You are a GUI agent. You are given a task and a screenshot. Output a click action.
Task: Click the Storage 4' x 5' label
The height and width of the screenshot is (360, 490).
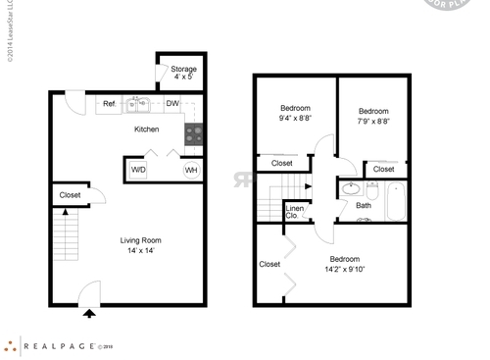point(183,74)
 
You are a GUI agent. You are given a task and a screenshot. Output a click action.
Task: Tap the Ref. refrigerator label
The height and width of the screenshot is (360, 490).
point(110,103)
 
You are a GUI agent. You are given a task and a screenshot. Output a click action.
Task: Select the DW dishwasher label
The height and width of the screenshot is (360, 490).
point(171,103)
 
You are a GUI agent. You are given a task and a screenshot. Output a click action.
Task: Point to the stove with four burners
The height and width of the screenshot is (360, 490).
point(194,133)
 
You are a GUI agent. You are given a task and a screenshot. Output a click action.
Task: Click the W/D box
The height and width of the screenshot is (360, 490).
point(138,170)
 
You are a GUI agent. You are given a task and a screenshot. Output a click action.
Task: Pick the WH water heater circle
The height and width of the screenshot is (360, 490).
point(192,170)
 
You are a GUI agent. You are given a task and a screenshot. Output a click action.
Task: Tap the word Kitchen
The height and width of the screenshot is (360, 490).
point(147,129)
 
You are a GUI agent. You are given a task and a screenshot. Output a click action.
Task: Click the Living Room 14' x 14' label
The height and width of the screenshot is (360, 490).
point(140,245)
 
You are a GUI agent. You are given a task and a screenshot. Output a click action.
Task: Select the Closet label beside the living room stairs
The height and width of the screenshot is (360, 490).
point(70,195)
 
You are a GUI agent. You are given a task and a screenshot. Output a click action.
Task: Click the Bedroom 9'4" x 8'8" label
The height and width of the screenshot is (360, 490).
point(295,113)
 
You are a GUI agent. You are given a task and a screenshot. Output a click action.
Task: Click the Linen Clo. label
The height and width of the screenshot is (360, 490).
point(294,211)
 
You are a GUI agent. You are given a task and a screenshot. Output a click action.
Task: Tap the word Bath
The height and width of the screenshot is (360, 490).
point(364,205)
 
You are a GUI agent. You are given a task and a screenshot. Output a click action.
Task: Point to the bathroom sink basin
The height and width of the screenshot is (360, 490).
point(351,188)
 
